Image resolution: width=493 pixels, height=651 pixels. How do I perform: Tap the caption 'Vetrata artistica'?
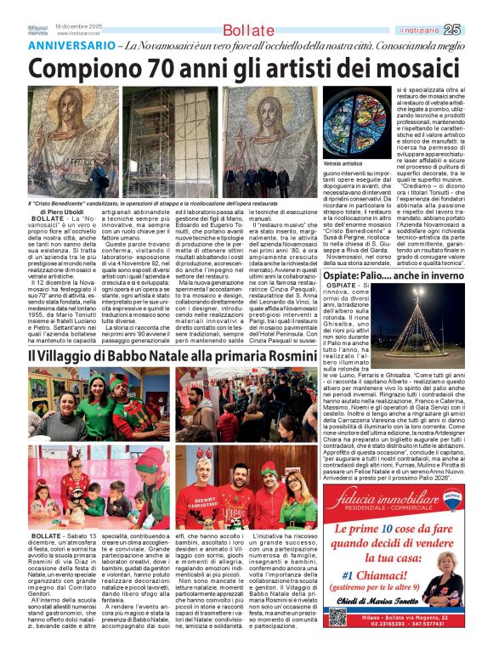tap(343, 162)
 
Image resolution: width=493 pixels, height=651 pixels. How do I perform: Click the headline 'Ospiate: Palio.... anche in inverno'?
tap(394, 275)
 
